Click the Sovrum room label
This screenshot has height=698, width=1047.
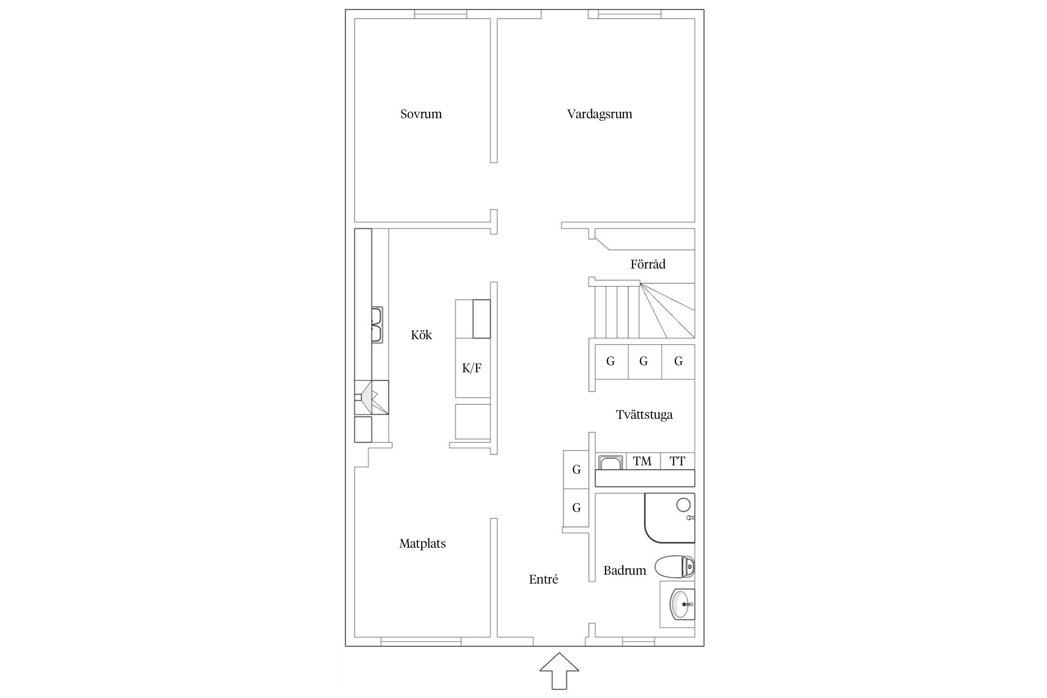click(421, 114)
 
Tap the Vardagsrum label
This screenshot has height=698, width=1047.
click(599, 114)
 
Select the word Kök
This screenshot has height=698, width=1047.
click(421, 335)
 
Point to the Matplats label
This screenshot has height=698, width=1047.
click(423, 544)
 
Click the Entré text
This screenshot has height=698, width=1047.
click(543, 579)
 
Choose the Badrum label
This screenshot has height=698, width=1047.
click(624, 570)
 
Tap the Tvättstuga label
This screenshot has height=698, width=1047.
click(644, 415)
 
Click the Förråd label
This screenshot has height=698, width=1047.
click(648, 264)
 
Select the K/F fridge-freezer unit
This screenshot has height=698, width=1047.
click(473, 369)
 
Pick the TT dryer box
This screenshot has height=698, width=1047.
click(678, 461)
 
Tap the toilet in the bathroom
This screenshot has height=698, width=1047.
click(674, 567)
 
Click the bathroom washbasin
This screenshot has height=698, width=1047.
click(682, 604)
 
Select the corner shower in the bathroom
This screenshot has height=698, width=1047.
click(669, 518)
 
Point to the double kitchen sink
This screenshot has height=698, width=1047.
click(377, 325)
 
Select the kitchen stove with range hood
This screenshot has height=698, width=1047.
click(371, 397)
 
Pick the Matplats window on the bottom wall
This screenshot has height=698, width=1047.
click(421, 642)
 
